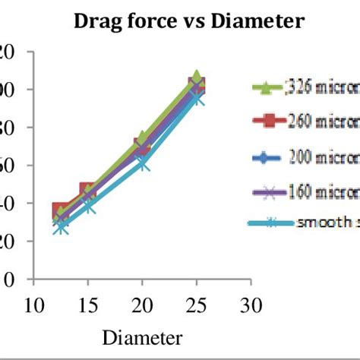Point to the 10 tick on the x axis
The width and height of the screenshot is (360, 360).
point(32,306)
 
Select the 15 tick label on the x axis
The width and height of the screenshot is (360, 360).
point(87,306)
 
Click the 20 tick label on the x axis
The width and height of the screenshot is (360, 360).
point(142,306)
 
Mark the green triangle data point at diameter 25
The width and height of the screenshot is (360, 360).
point(197,78)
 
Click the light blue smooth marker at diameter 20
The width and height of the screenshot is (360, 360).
point(142,163)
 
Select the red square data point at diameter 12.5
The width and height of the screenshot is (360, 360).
point(61,212)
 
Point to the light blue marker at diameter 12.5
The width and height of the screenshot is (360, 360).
point(61,226)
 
